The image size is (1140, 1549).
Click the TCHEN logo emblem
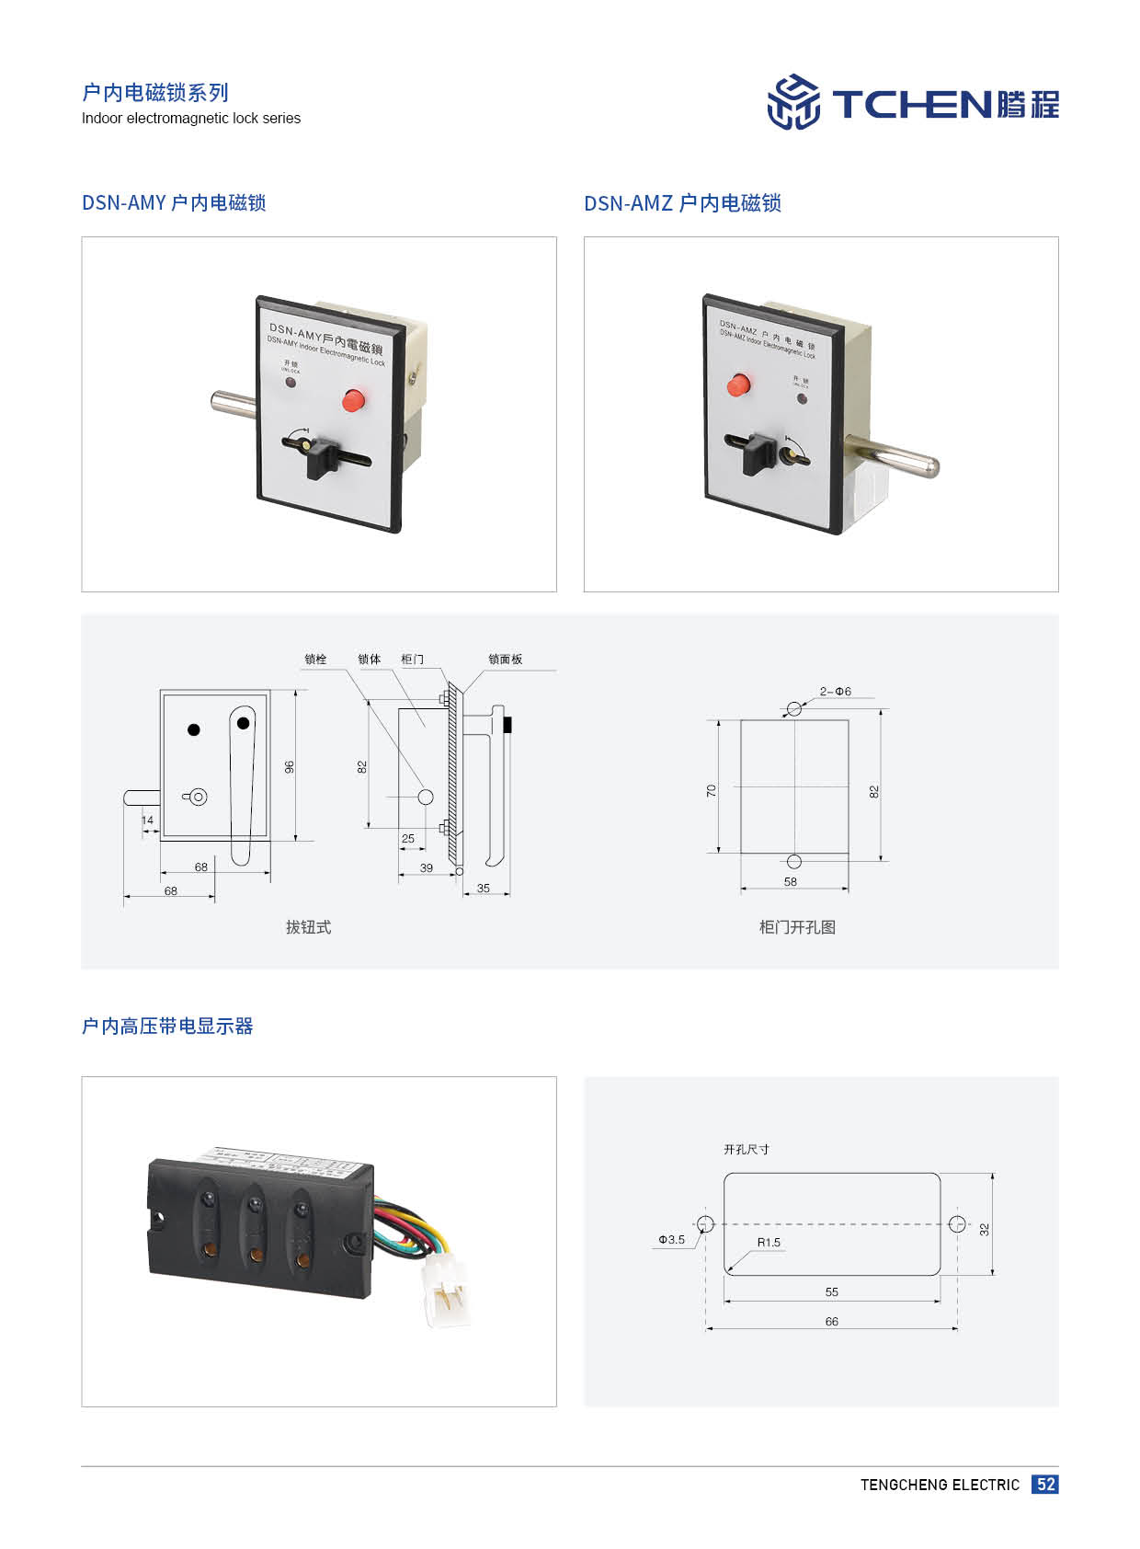[793, 102]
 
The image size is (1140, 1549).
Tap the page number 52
[1044, 1484]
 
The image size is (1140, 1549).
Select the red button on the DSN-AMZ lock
[738, 384]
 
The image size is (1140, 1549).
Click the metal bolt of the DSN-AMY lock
[234, 402]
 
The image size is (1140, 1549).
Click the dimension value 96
[290, 766]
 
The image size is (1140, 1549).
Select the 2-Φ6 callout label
[835, 692]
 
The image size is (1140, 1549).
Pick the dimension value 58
[791, 881]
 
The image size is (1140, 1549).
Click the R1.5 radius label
[769, 1242]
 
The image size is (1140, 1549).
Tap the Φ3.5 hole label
[671, 1240]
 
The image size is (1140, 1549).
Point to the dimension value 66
[831, 1321]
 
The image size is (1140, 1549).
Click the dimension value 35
[484, 888]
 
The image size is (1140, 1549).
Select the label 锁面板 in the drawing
[505, 659]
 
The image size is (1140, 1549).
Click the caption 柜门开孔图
[797, 927]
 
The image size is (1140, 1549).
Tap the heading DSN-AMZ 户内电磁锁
[682, 203]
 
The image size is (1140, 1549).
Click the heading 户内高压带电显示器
[167, 1026]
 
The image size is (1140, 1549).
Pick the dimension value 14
[147, 820]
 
